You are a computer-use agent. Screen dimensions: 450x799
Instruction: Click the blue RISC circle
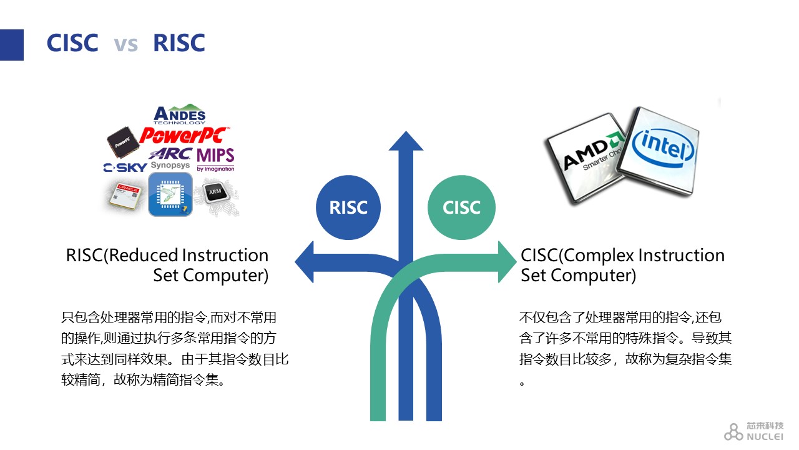(348, 207)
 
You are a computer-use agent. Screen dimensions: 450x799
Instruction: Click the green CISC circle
(461, 207)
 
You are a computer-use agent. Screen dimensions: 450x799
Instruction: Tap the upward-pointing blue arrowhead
(406, 142)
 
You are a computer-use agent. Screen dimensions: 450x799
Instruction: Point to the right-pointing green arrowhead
(507, 263)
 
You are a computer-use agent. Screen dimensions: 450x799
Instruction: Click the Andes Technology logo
(179, 115)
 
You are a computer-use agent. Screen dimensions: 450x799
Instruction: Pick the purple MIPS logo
(215, 158)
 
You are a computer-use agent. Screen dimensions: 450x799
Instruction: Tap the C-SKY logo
(125, 167)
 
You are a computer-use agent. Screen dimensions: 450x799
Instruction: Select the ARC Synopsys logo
(170, 157)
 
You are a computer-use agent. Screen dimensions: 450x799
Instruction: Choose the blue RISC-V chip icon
(170, 194)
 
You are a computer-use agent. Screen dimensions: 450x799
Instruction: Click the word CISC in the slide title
(72, 43)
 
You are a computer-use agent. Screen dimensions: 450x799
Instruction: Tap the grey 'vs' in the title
(125, 44)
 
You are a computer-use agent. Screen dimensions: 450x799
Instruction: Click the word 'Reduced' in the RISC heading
(143, 255)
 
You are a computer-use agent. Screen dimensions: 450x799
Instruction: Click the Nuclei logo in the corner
(754, 431)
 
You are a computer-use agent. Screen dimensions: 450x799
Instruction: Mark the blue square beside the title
(11, 45)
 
